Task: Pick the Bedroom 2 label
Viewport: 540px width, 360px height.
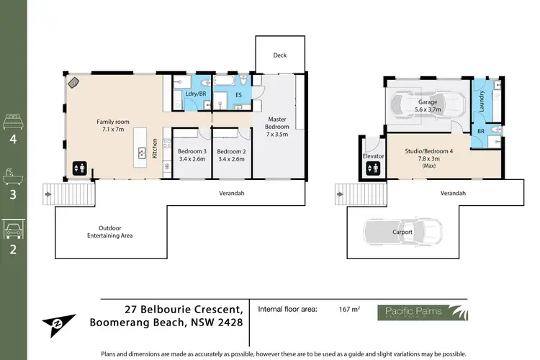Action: click(x=231, y=155)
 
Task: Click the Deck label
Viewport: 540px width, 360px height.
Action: click(x=280, y=55)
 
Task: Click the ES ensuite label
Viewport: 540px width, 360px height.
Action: click(x=238, y=94)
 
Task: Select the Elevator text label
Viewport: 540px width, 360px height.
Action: click(x=372, y=155)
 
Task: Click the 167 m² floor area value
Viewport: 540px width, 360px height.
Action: click(x=349, y=310)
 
